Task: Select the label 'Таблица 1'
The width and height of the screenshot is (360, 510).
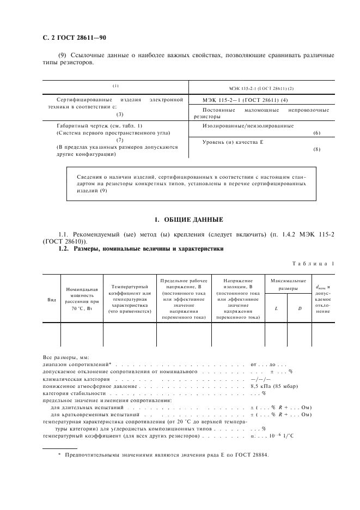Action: (x=313, y=264)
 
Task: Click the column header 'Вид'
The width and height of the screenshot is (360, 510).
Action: (x=52, y=299)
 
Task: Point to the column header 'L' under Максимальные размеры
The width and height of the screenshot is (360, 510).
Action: (x=276, y=308)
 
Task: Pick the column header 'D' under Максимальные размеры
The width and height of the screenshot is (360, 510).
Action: (x=300, y=308)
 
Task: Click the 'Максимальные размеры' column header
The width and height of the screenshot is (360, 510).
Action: (x=288, y=284)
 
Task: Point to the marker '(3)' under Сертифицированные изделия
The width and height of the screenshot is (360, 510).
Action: (x=120, y=114)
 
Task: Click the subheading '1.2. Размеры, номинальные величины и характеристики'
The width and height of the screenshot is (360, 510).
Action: (x=141, y=249)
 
